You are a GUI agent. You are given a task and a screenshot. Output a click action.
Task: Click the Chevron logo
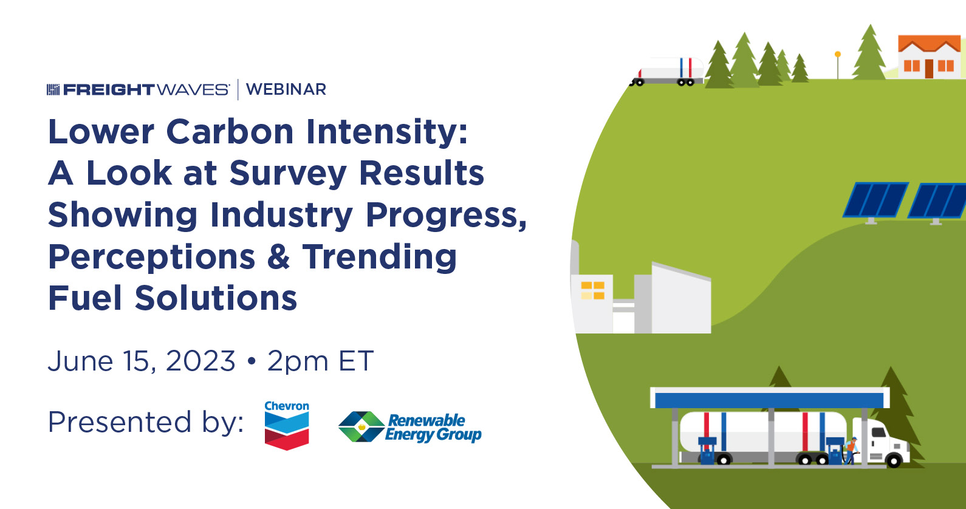pos(287,425)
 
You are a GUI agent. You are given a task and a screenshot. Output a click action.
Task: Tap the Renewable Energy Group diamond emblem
pos(361,426)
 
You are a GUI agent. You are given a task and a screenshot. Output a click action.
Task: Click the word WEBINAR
pos(286,89)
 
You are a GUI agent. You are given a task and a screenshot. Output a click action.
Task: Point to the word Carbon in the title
pos(230,131)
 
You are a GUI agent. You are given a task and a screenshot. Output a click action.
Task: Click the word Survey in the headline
pos(288,174)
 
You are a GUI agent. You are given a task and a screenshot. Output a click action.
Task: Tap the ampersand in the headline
pos(278,256)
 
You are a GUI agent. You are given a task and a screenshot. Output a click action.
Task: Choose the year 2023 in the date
pos(200,361)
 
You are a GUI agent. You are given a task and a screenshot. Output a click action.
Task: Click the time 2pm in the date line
pos(298,362)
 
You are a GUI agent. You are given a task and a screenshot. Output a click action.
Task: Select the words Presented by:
pos(146,422)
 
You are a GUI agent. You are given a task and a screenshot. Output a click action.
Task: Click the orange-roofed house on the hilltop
pos(929,56)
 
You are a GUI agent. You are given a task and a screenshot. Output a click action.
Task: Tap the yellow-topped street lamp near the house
pos(837,65)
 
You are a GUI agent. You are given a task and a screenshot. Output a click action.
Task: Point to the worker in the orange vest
pos(851,450)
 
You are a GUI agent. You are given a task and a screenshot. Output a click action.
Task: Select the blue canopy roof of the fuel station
pos(770,398)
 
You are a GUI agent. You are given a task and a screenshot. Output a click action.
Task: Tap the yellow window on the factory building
pos(592,290)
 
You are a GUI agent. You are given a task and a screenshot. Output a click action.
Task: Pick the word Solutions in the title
pos(216,298)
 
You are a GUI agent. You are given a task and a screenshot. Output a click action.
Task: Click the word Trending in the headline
pos(380,258)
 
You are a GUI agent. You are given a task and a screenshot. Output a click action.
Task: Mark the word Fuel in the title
pos(86,298)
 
